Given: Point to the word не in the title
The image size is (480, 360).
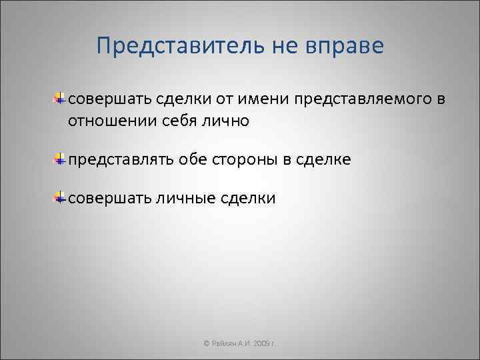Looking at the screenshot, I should [x=283, y=47].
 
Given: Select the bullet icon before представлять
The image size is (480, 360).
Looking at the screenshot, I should [x=60, y=159].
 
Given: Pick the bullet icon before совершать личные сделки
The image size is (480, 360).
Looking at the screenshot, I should [x=60, y=198].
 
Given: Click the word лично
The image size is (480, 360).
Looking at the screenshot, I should [x=225, y=121].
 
